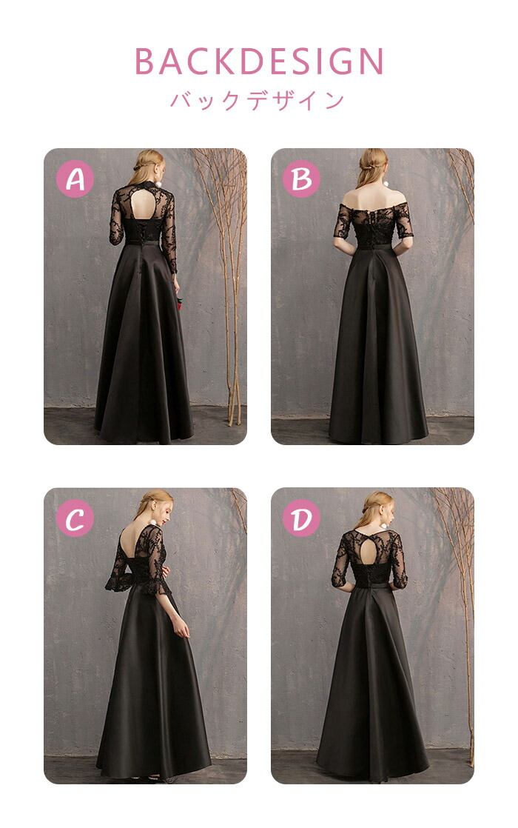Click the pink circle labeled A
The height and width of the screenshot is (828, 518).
(x=75, y=179)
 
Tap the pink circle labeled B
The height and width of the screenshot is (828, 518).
(x=302, y=179)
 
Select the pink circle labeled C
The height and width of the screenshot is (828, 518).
(x=75, y=518)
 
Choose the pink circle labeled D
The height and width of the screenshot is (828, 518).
(x=302, y=518)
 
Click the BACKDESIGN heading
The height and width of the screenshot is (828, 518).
(x=259, y=61)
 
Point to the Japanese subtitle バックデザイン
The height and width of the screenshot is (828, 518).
(x=258, y=100)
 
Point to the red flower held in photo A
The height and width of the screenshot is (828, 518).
(x=179, y=304)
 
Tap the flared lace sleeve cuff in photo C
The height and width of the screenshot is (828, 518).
(x=118, y=581)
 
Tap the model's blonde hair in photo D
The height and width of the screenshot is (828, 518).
(x=374, y=509)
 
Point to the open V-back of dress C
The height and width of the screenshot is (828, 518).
(x=129, y=544)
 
